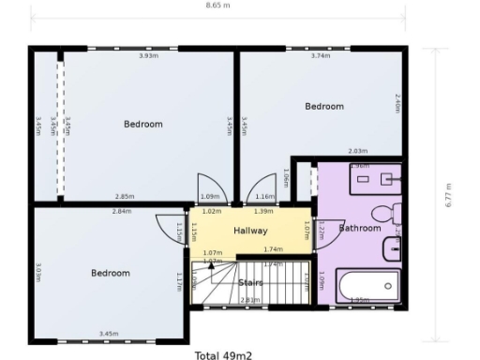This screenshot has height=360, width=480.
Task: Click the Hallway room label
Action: pyautogui.click(x=250, y=231)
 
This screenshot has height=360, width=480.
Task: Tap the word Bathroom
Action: pyautogui.click(x=360, y=228)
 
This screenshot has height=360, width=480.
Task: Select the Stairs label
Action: pyautogui.click(x=250, y=281)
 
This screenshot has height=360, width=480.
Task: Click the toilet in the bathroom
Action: pyautogui.click(x=386, y=214)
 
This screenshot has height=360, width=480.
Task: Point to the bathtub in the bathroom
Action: pyautogui.click(x=367, y=285)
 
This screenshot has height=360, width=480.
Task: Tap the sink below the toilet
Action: pyautogui.click(x=392, y=248)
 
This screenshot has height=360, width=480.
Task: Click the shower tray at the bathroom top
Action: pyautogui.click(x=374, y=177)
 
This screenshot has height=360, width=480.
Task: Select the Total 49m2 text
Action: pyautogui.click(x=223, y=354)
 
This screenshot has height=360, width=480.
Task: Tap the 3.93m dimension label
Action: pyautogui.click(x=148, y=55)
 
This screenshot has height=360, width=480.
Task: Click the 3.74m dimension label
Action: pyautogui.click(x=320, y=55)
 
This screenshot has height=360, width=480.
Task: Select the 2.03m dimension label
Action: pyautogui.click(x=356, y=151)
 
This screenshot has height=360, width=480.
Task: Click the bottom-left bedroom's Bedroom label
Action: pyautogui.click(x=110, y=273)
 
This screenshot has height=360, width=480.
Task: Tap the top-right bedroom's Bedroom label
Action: pyautogui.click(x=324, y=107)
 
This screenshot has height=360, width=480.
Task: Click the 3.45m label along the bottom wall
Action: pyautogui.click(x=109, y=334)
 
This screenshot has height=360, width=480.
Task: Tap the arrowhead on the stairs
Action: pyautogui.click(x=211, y=266)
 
